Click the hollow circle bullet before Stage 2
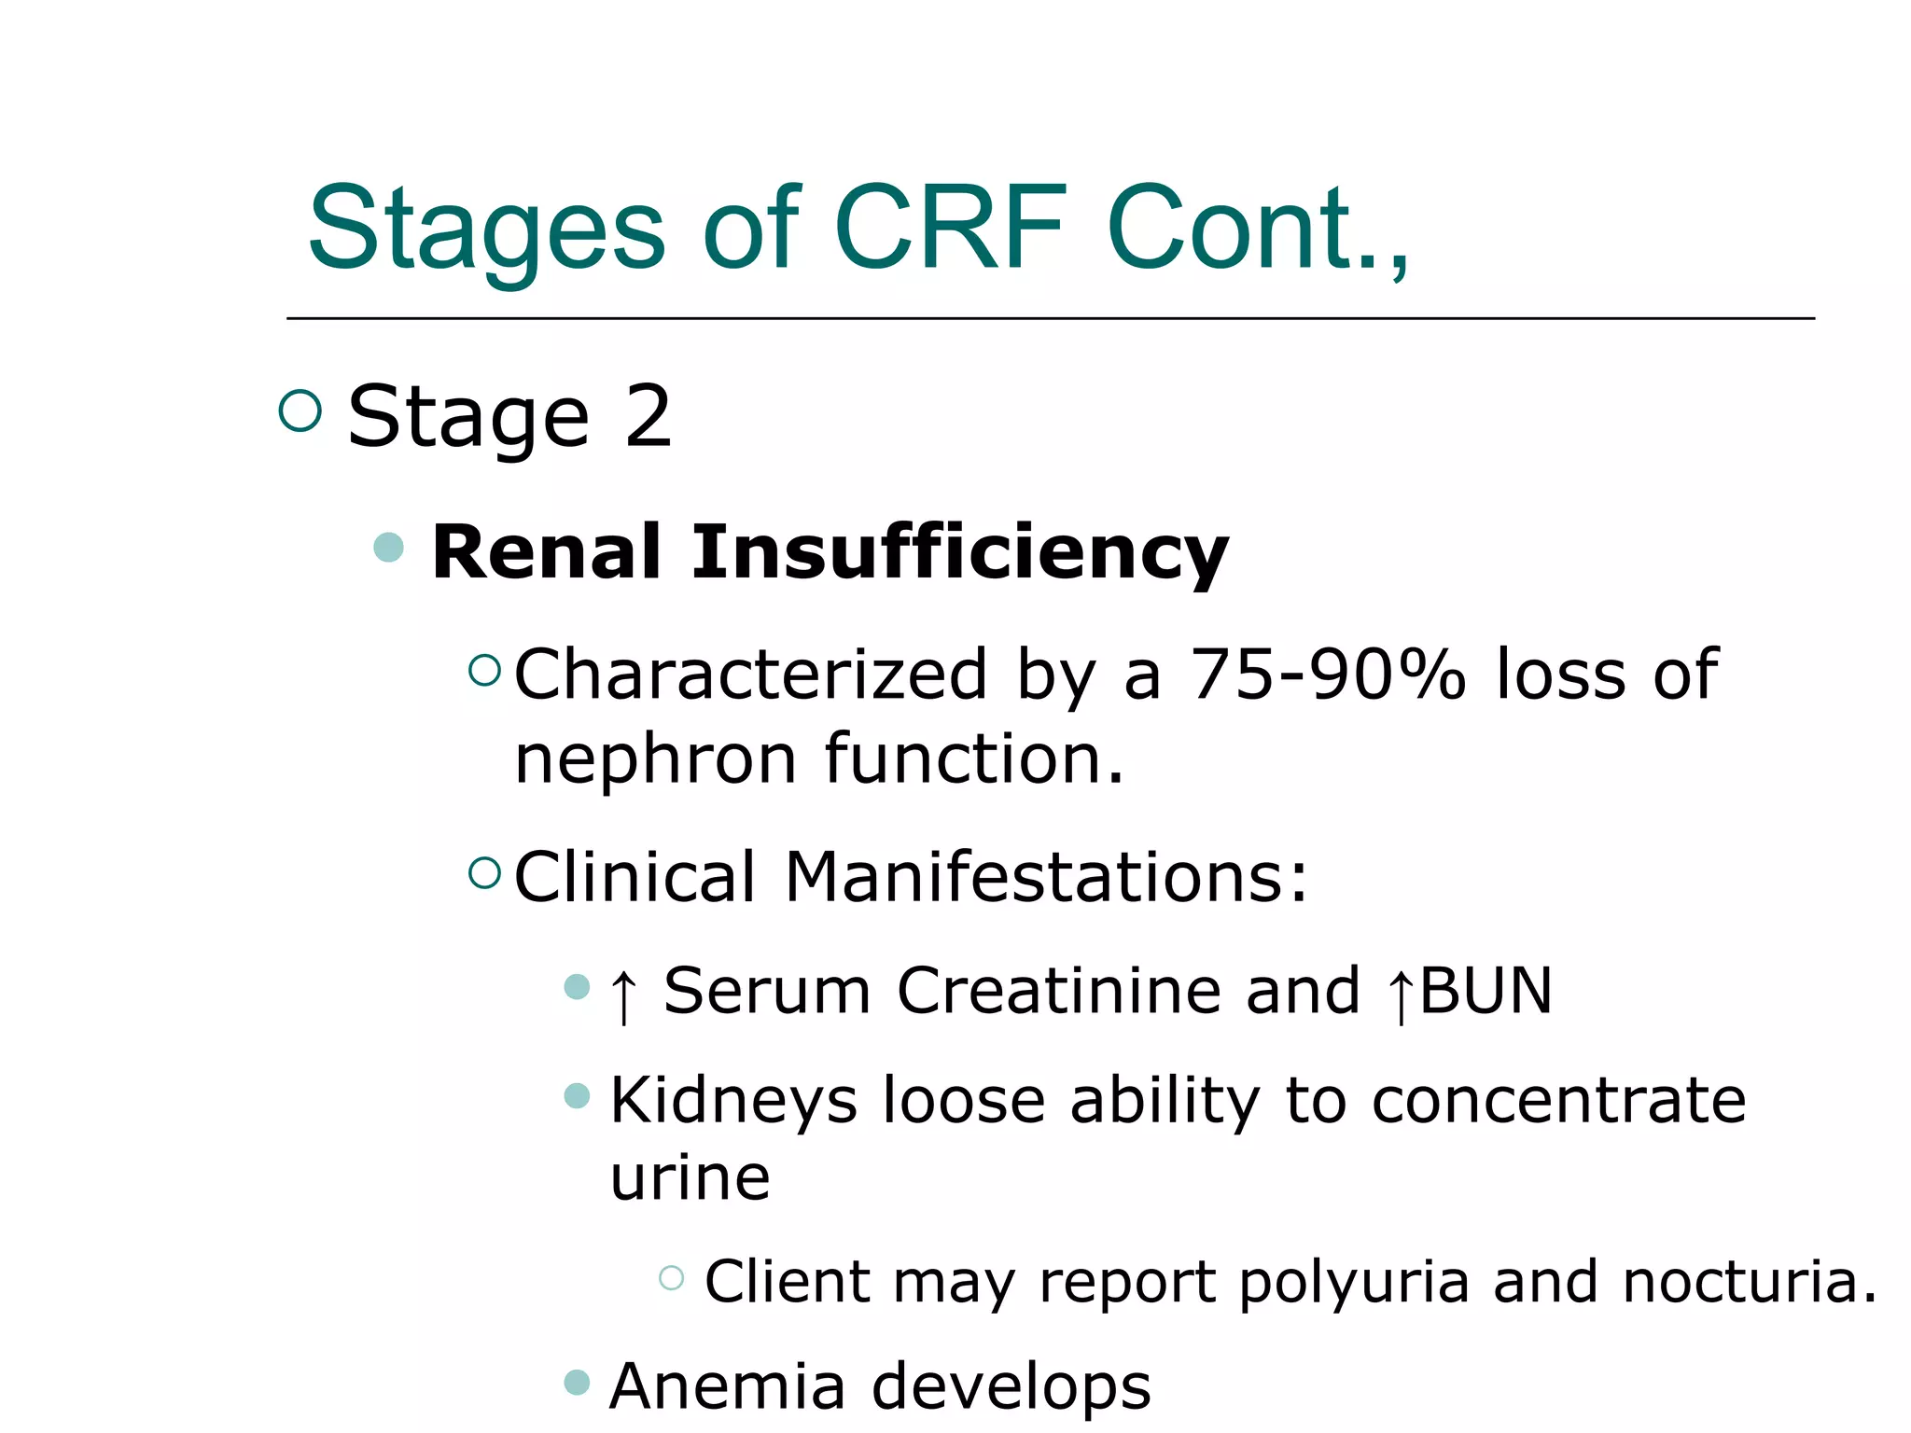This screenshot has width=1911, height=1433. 300,410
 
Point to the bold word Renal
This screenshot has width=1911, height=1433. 548,552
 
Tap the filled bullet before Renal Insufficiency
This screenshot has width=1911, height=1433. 388,547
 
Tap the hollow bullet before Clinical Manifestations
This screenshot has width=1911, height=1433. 484,872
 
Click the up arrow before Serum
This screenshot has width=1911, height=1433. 623,995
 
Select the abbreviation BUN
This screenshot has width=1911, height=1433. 1486,991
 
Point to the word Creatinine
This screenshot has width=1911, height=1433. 1058,991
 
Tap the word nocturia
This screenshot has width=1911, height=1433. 1750,1282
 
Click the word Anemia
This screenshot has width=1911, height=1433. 727,1386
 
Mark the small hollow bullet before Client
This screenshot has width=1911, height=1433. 671,1277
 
